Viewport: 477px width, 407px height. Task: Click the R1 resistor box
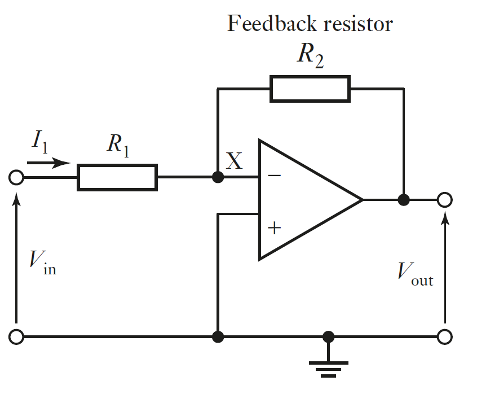pos(117,177)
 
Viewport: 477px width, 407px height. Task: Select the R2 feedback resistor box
pos(310,89)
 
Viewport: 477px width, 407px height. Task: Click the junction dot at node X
pos(218,177)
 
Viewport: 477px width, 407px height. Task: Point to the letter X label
pos(234,162)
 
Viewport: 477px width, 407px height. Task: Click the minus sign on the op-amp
pos(274,176)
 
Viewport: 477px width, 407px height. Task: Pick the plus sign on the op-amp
pos(274,228)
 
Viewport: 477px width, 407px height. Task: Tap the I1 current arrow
pos(48,164)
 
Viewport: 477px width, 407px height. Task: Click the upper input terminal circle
pos(17,178)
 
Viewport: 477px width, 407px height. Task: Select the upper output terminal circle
pos(445,199)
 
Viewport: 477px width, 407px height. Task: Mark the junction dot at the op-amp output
pos(403,199)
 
